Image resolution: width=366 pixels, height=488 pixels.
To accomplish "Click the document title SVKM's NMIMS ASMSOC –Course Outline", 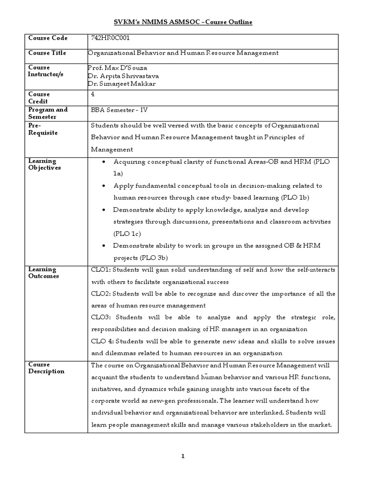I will tap(183, 22).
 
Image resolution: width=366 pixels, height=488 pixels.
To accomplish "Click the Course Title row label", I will tap(47, 53).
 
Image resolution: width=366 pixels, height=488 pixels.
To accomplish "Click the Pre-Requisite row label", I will tap(43, 129).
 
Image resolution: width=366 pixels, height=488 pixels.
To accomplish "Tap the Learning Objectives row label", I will tap(44, 164).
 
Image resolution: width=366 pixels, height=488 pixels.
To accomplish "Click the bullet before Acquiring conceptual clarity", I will tap(104, 162).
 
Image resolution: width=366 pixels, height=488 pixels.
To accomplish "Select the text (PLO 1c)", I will tap(127, 234).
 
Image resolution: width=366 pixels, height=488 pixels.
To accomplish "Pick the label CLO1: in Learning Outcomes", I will tap(101, 270).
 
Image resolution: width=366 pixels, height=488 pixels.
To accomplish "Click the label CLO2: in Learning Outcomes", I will tap(101, 294).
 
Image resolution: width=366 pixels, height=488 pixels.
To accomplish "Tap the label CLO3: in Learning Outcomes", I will tap(101, 317).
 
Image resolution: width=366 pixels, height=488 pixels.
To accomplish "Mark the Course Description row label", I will tap(46, 368).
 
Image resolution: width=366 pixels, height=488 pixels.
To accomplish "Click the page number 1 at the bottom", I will tap(183, 457).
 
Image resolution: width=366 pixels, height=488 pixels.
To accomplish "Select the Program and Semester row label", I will tap(48, 113).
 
